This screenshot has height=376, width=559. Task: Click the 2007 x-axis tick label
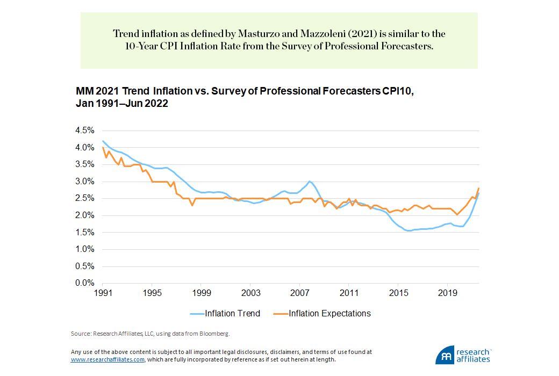click(x=299, y=293)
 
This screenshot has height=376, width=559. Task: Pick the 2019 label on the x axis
click(x=447, y=293)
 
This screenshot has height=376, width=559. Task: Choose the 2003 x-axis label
click(x=250, y=293)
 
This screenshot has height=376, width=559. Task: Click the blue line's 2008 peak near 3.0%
click(x=310, y=181)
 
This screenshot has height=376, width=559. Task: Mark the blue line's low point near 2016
click(x=409, y=231)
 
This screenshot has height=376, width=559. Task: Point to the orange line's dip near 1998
click(x=192, y=205)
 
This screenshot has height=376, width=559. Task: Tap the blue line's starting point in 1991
click(x=102, y=141)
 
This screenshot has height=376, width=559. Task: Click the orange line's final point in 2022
click(x=479, y=188)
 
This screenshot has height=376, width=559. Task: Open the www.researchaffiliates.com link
click(x=107, y=359)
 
